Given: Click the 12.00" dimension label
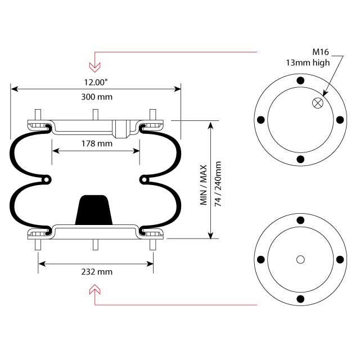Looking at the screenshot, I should click(x=96, y=82).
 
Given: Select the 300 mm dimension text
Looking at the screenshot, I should click(x=96, y=97).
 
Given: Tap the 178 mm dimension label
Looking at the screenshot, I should click(x=96, y=143).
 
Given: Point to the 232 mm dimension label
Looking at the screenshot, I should click(x=96, y=272).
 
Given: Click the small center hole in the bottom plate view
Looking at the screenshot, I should click(x=300, y=259).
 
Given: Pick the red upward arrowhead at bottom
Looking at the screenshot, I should click(x=96, y=290).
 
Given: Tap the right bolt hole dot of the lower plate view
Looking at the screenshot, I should click(x=339, y=259).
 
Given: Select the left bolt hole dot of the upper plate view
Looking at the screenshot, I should click(x=260, y=120).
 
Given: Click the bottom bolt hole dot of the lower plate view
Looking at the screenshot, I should click(x=300, y=298).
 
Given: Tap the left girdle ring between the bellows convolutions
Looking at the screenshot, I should click(x=45, y=179).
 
